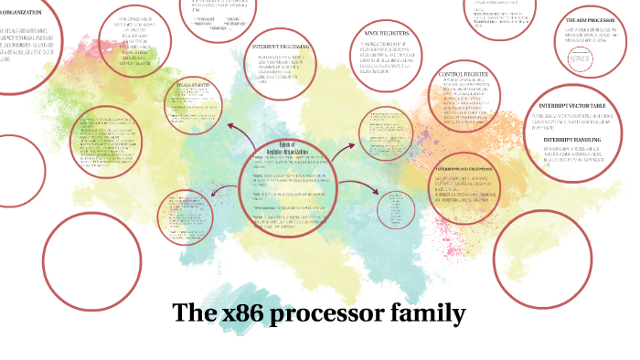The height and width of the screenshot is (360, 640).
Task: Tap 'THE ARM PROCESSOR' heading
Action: tap(589, 19)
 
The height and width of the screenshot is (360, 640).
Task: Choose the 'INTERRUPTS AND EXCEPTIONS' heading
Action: tap(464, 170)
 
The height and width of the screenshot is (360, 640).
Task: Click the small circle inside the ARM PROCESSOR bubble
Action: tap(581, 62)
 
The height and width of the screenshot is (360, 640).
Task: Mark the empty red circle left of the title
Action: tap(83, 259)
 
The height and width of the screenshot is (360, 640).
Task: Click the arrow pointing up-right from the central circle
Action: tap(346, 149)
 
